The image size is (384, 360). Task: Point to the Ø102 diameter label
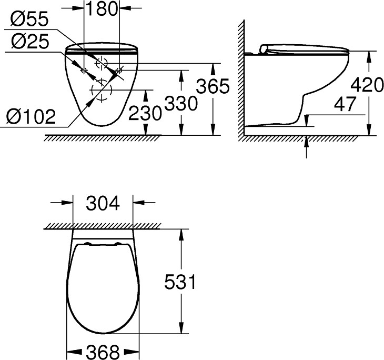pyautogui.click(x=31, y=116)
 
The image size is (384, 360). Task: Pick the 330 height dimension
pyautogui.click(x=180, y=103)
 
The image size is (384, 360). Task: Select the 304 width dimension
pyautogui.click(x=102, y=202)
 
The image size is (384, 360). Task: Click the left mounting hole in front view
pyautogui.click(x=83, y=69)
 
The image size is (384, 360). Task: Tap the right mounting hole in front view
pyautogui.click(x=120, y=69)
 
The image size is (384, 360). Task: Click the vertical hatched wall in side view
pyautogui.click(x=241, y=79)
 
